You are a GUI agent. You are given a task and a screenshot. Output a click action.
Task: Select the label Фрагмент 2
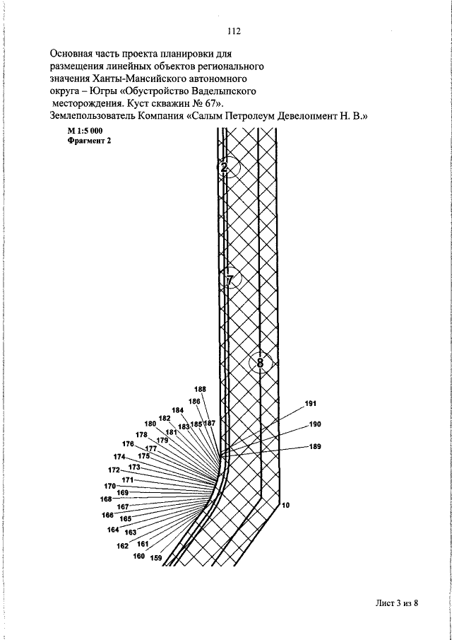tap(89, 141)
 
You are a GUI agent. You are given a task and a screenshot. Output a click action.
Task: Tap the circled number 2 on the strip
tap(224, 168)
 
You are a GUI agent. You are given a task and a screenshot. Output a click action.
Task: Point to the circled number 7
tap(230, 280)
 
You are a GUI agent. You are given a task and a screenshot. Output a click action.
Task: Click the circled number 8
tap(260, 363)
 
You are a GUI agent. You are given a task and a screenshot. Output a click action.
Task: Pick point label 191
tap(310, 404)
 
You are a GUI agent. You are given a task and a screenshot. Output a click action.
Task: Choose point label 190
tap(315, 424)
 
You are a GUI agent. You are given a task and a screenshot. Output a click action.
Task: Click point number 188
tap(201, 390)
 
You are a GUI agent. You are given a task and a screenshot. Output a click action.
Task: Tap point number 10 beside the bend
tap(285, 506)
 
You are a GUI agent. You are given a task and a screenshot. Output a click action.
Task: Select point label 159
tap(157, 558)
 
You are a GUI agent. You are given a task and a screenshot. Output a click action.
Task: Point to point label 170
tap(109, 486)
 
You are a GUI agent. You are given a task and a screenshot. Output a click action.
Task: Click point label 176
tap(128, 443)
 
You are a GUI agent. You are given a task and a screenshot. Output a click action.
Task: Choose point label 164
tap(113, 530)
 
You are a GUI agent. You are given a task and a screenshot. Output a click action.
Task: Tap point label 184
tap(178, 410)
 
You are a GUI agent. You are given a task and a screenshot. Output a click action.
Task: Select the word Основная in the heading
tap(74, 53)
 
